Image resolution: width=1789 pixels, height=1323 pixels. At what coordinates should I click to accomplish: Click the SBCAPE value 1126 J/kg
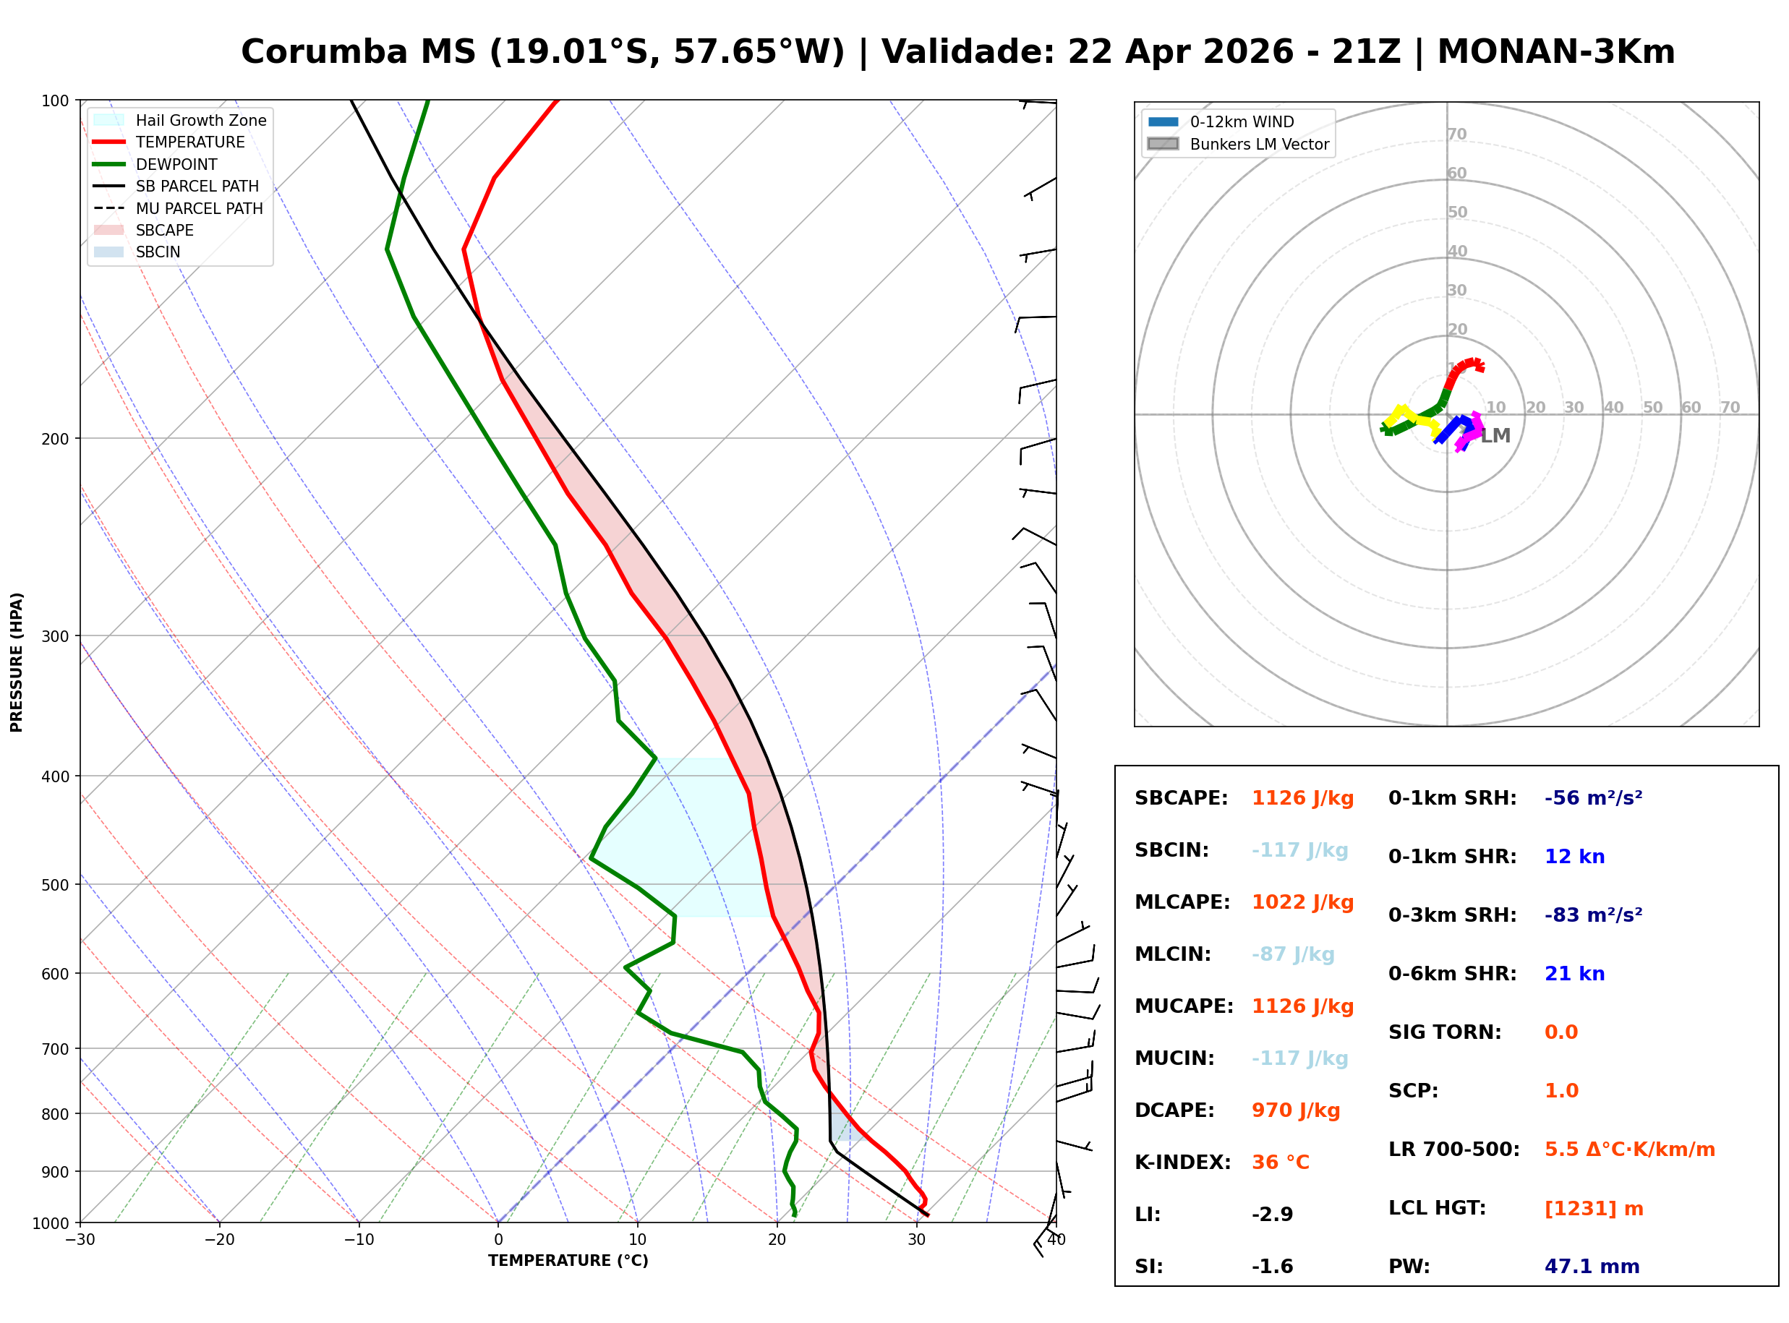pos(1302,798)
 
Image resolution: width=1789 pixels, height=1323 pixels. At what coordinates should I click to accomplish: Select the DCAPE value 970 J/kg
pos(1295,1110)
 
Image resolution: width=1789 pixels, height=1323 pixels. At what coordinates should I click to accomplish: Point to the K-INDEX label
pos(1182,1163)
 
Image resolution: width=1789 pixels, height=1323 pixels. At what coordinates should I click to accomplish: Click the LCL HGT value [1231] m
pos(1594,1209)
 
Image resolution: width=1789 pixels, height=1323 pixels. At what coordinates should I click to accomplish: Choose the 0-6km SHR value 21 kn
pos(1574,974)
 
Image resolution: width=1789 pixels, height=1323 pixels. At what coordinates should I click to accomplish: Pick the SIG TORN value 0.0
pos(1560,1032)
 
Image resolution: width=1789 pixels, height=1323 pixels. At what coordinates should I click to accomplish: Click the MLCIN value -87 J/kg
pos(1292,954)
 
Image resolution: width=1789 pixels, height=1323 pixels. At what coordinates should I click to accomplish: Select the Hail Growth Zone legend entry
pos(200,120)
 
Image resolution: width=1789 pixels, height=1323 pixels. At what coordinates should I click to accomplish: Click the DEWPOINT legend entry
pos(176,164)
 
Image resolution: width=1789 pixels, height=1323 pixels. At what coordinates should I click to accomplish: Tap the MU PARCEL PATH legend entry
pos(199,208)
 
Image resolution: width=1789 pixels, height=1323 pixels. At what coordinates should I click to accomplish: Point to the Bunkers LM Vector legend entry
pos(1259,144)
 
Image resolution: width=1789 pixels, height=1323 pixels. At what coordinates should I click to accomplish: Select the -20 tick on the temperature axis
pos(219,1241)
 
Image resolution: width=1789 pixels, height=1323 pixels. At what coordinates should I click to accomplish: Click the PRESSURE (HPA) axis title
pos(17,662)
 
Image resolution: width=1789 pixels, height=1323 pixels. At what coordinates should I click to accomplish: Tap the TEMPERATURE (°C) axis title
pos(568,1262)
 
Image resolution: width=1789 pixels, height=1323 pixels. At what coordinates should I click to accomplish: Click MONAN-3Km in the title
pos(1555,52)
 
